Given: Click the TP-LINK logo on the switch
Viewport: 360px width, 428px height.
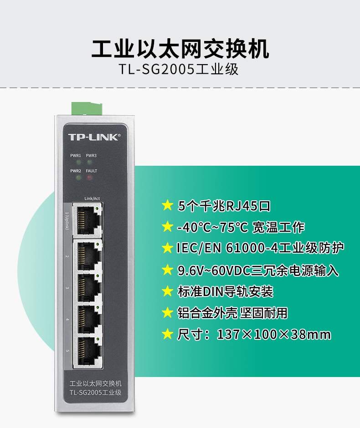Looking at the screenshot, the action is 94,137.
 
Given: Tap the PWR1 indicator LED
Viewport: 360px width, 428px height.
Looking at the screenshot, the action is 79,163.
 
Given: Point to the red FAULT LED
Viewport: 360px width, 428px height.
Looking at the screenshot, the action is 89,178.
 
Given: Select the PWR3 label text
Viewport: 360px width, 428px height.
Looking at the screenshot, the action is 91,156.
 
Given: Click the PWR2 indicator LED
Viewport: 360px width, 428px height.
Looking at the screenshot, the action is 79,178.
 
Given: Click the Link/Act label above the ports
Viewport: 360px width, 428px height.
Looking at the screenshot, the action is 92,199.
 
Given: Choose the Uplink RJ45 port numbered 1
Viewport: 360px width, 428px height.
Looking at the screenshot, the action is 87,219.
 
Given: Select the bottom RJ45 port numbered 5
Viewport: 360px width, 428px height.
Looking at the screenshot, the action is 87,352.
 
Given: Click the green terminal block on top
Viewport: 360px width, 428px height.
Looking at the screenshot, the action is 87,108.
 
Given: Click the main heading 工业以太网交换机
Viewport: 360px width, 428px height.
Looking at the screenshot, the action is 180,49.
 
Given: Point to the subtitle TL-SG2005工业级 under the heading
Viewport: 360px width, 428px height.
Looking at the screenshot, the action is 179,69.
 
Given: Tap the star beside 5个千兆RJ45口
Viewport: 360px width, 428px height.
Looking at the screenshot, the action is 167,205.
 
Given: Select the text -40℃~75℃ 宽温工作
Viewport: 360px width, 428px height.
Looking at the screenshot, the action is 241,227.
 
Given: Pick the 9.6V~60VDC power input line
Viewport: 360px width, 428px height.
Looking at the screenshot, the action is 258,270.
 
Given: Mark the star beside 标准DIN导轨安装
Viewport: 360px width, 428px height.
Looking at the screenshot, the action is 167,291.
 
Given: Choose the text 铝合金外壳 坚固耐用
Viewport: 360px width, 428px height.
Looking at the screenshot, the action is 232,313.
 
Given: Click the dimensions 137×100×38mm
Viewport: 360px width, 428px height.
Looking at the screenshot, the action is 274,334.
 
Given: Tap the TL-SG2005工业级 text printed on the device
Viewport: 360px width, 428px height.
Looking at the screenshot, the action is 95,392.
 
